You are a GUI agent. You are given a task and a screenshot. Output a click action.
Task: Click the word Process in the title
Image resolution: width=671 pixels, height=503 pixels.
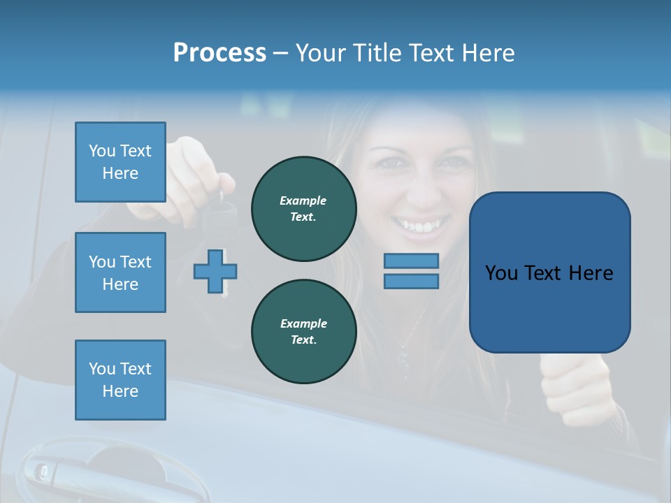click(x=219, y=53)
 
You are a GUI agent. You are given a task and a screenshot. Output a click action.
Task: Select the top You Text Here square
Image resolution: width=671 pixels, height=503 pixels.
click(x=120, y=162)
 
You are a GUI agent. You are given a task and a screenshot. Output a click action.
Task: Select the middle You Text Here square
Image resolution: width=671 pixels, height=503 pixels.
click(x=120, y=272)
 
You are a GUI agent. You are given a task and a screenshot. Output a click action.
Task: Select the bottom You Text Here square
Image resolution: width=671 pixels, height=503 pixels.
click(x=120, y=380)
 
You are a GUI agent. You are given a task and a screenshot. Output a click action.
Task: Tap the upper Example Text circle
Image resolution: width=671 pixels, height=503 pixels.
click(x=303, y=208)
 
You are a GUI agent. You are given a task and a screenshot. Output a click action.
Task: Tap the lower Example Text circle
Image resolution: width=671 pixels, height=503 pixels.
click(x=303, y=331)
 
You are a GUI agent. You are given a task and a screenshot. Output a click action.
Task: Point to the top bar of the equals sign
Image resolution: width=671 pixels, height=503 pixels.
click(x=411, y=261)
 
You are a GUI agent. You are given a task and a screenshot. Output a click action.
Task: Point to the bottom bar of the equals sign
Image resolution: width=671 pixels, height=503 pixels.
click(x=411, y=281)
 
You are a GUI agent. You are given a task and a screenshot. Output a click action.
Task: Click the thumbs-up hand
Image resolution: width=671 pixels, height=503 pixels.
click(x=570, y=384)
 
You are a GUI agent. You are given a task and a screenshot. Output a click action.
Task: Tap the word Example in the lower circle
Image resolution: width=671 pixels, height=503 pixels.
click(x=303, y=323)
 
